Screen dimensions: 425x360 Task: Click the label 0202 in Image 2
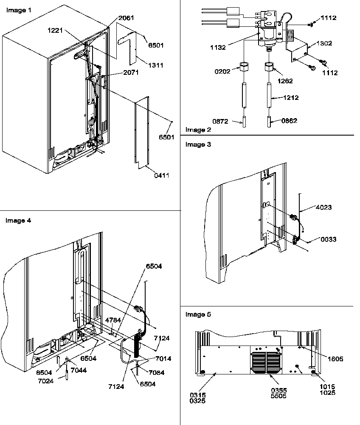click(x=222, y=71)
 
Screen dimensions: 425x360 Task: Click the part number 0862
click(x=290, y=121)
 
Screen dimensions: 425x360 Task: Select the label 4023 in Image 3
click(x=323, y=207)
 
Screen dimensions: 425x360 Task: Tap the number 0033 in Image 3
click(x=328, y=239)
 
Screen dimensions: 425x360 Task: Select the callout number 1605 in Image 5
click(x=335, y=359)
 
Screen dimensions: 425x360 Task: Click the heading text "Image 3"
click(x=198, y=144)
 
